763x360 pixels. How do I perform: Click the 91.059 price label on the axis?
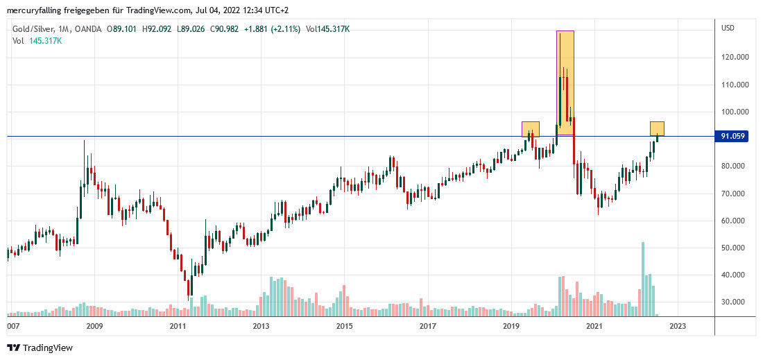[732, 137]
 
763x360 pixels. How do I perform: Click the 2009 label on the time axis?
[94, 325]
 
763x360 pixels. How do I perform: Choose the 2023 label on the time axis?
[678, 325]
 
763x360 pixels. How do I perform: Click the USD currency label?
[728, 28]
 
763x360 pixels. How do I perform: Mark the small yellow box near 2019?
[531, 129]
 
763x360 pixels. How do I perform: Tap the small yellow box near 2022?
[657, 128]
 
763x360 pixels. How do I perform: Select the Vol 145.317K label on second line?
[37, 41]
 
